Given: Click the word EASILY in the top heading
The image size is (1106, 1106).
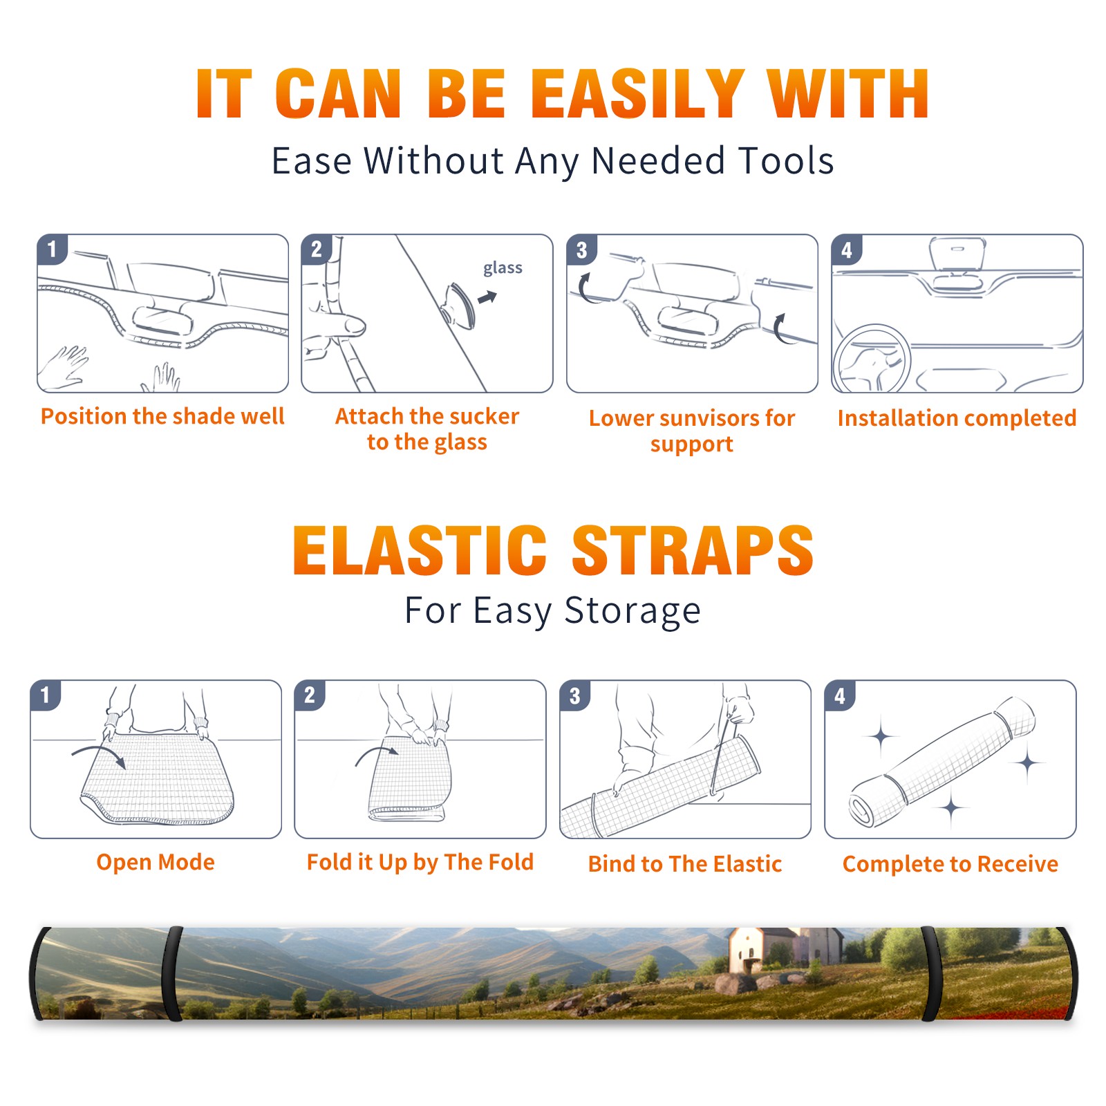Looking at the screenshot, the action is point(637,94).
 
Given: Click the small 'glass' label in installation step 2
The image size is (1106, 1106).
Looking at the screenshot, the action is point(503,268).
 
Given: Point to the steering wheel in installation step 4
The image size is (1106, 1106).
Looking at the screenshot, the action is point(872,358).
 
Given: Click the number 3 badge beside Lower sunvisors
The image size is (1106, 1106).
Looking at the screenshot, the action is point(581,250).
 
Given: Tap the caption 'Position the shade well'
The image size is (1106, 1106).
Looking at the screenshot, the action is point(162,416).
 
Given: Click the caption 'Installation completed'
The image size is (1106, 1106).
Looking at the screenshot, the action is point(957,418).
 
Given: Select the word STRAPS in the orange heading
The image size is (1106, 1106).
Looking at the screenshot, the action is point(693,550).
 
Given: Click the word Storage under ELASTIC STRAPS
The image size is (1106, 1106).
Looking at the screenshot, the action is point(632,611).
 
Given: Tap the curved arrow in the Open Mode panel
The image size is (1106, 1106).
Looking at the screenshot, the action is point(99,756).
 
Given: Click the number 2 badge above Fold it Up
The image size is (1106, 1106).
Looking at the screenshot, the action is point(310,695).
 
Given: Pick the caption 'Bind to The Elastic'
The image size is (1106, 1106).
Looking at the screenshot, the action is point(684,864).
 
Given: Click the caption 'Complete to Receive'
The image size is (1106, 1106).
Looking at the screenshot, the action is point(950,864).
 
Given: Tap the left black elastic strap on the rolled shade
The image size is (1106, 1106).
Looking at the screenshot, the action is point(171,974).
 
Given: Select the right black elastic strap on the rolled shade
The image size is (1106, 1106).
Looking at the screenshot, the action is point(930,974).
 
